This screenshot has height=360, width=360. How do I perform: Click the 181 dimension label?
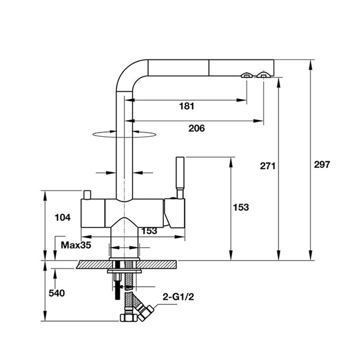[x=187, y=106]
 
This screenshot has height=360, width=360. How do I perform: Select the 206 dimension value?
[x=196, y=128]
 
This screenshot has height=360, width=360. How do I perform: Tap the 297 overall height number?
[x=322, y=166]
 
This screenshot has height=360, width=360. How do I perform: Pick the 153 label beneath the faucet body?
[x=148, y=231]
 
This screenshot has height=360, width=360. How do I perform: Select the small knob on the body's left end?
[x=87, y=194]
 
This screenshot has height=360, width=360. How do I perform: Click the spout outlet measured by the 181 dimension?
[x=247, y=76]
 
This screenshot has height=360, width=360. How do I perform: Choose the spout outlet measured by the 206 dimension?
[x=263, y=76]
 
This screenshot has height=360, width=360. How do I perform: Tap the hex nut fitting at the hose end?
[x=127, y=318]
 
